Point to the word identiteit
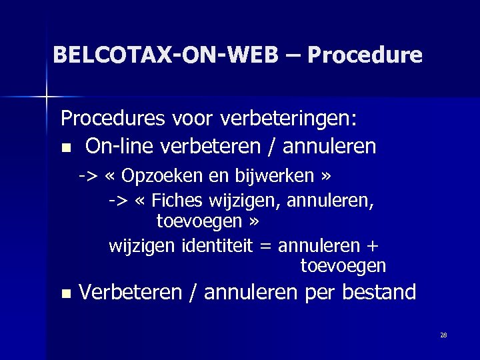[217, 245]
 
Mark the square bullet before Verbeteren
[65, 293]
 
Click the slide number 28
[443, 335]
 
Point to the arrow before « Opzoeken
[87, 177]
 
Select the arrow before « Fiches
[118, 199]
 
